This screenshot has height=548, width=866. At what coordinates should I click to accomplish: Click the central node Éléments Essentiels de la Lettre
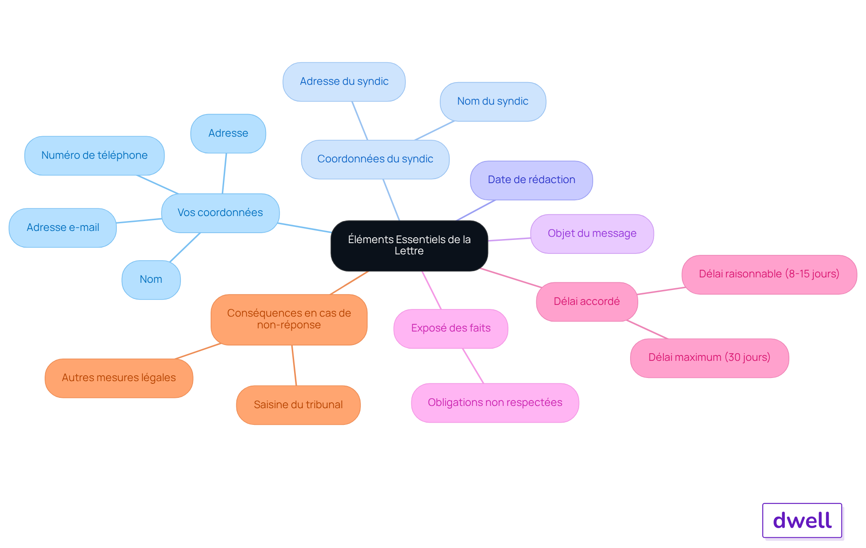(x=409, y=245)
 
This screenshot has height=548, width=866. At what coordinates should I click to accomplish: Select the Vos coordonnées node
(x=220, y=213)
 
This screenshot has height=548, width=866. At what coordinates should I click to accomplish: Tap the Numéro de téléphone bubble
(x=94, y=156)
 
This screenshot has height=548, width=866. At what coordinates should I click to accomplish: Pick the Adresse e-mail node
(x=63, y=228)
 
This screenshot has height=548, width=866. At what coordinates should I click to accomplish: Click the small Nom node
(x=151, y=280)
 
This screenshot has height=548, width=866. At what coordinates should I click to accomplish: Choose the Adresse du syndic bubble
(x=344, y=82)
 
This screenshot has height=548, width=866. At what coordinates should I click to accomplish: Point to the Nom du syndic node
(x=493, y=101)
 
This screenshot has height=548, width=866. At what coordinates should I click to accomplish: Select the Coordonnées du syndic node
(x=375, y=159)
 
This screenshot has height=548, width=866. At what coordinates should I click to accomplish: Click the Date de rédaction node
(x=531, y=180)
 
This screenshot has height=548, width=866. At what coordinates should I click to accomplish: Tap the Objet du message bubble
(x=592, y=234)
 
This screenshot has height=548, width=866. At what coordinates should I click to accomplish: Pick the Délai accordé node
(x=587, y=302)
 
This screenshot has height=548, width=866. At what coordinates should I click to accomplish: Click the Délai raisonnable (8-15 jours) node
(x=769, y=274)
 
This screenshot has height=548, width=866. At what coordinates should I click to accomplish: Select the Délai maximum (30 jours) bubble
(x=709, y=358)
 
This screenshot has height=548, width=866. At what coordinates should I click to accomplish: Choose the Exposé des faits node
(x=451, y=328)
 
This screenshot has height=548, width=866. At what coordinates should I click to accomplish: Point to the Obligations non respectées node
(x=495, y=403)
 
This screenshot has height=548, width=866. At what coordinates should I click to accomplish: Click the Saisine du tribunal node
(x=298, y=405)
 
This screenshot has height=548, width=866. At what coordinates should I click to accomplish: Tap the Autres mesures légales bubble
(x=119, y=378)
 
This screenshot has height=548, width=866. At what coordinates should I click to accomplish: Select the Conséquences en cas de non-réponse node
(x=289, y=319)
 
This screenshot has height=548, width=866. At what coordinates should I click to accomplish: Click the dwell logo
(x=802, y=520)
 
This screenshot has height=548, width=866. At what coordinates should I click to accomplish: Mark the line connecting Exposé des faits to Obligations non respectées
(x=473, y=366)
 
